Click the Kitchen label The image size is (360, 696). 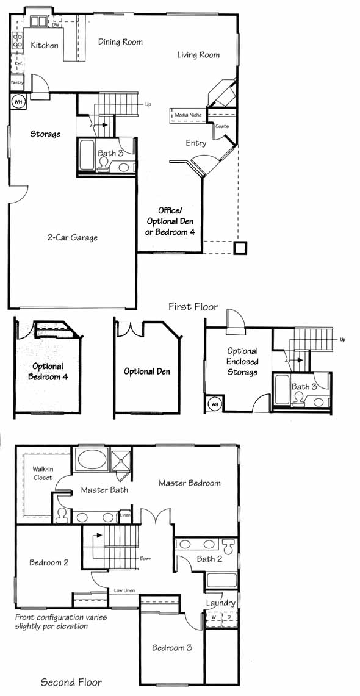pyautogui.click(x=45, y=45)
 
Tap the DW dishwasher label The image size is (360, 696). pyautogui.click(x=55, y=25)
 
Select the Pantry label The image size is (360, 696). pyautogui.click(x=17, y=82)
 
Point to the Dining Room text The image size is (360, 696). pyautogui.click(x=120, y=42)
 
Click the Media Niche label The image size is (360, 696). pyautogui.click(x=188, y=115)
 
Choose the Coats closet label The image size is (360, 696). pyautogui.click(x=222, y=126)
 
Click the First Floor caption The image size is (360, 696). pyautogui.click(x=193, y=307)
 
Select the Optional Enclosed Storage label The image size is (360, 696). pyautogui.click(x=242, y=362)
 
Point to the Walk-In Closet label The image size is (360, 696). pyautogui.click(x=43, y=473)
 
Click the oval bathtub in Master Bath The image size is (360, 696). pyautogui.click(x=91, y=459)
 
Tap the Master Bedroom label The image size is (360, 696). pyautogui.click(x=190, y=483)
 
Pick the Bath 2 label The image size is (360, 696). pyautogui.click(x=209, y=559)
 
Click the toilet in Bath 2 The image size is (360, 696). pyautogui.click(x=228, y=546)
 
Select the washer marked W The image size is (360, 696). pyautogui.click(x=214, y=617)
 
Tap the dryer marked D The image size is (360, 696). pyautogui.click(x=229, y=617)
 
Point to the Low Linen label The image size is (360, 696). pyautogui.click(x=124, y=590)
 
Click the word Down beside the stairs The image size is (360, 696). pyautogui.click(x=146, y=558)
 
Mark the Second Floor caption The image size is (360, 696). pyautogui.click(x=71, y=682)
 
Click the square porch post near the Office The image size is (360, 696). pyautogui.click(x=240, y=248)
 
